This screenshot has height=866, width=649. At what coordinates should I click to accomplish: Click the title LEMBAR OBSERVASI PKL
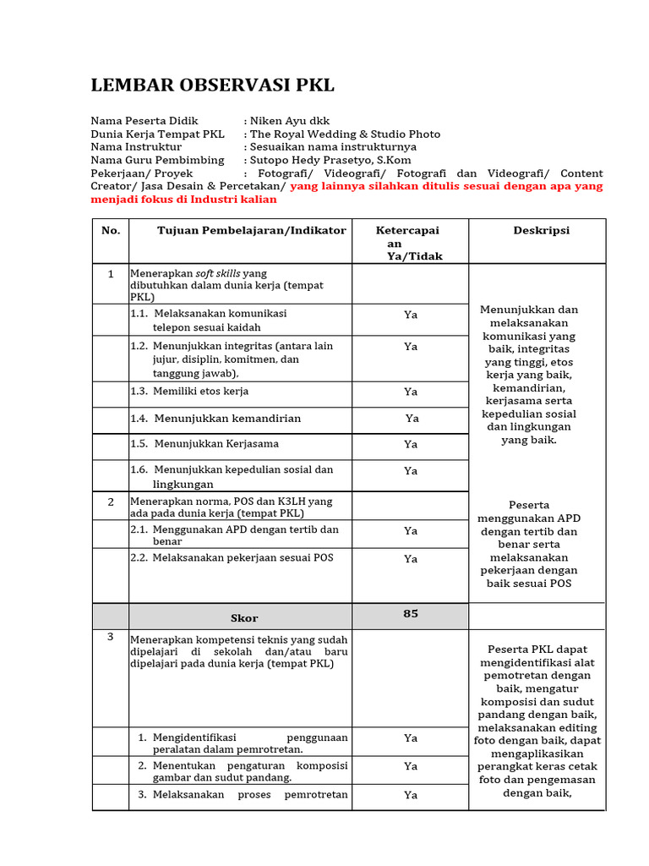click(212, 85)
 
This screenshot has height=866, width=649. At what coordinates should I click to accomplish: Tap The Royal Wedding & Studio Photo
click(345, 134)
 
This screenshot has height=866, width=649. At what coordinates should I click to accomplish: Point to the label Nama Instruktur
click(136, 147)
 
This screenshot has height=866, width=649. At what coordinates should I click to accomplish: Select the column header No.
click(111, 230)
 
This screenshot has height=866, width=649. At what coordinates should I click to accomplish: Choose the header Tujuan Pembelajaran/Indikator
click(251, 230)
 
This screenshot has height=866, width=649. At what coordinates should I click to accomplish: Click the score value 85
click(411, 613)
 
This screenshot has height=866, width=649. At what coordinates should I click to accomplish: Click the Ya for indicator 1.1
click(411, 315)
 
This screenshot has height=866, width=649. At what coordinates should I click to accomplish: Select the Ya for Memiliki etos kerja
click(411, 392)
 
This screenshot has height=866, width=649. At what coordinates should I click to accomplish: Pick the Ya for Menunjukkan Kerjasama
click(411, 444)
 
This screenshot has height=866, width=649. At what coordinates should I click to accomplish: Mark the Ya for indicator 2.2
click(411, 558)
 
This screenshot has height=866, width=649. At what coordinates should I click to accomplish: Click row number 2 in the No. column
click(111, 502)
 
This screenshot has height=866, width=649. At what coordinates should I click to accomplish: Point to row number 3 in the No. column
click(111, 637)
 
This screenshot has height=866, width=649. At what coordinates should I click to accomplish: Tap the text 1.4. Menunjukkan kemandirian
click(215, 418)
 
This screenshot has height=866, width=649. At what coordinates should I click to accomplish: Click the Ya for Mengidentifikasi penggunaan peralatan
click(411, 737)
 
